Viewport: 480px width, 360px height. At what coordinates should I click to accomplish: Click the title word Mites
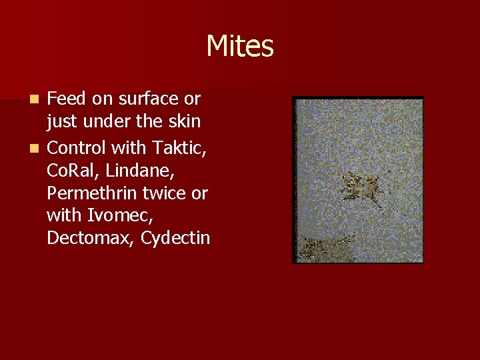click(x=240, y=47)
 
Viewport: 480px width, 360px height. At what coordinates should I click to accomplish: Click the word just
click(x=61, y=122)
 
